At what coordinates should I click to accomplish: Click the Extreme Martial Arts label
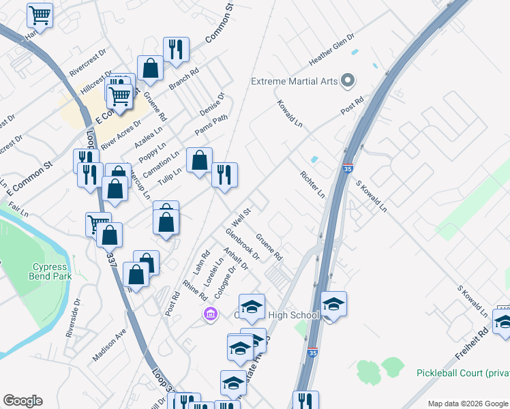295,81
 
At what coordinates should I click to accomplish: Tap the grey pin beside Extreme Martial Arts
348,81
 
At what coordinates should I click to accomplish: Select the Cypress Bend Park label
48,271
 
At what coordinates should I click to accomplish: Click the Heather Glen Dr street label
332,49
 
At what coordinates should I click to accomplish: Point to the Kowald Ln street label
290,114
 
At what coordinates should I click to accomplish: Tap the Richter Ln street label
312,184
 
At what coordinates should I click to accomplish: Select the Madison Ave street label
110,346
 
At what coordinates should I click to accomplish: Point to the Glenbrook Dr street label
243,244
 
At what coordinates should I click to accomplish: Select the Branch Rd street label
183,80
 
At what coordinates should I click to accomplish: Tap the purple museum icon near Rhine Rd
210,314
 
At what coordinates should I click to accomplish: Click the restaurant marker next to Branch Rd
176,49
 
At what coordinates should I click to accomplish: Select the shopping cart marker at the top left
40,14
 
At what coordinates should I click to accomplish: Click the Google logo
22,401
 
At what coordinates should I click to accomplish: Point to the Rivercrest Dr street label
89,61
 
